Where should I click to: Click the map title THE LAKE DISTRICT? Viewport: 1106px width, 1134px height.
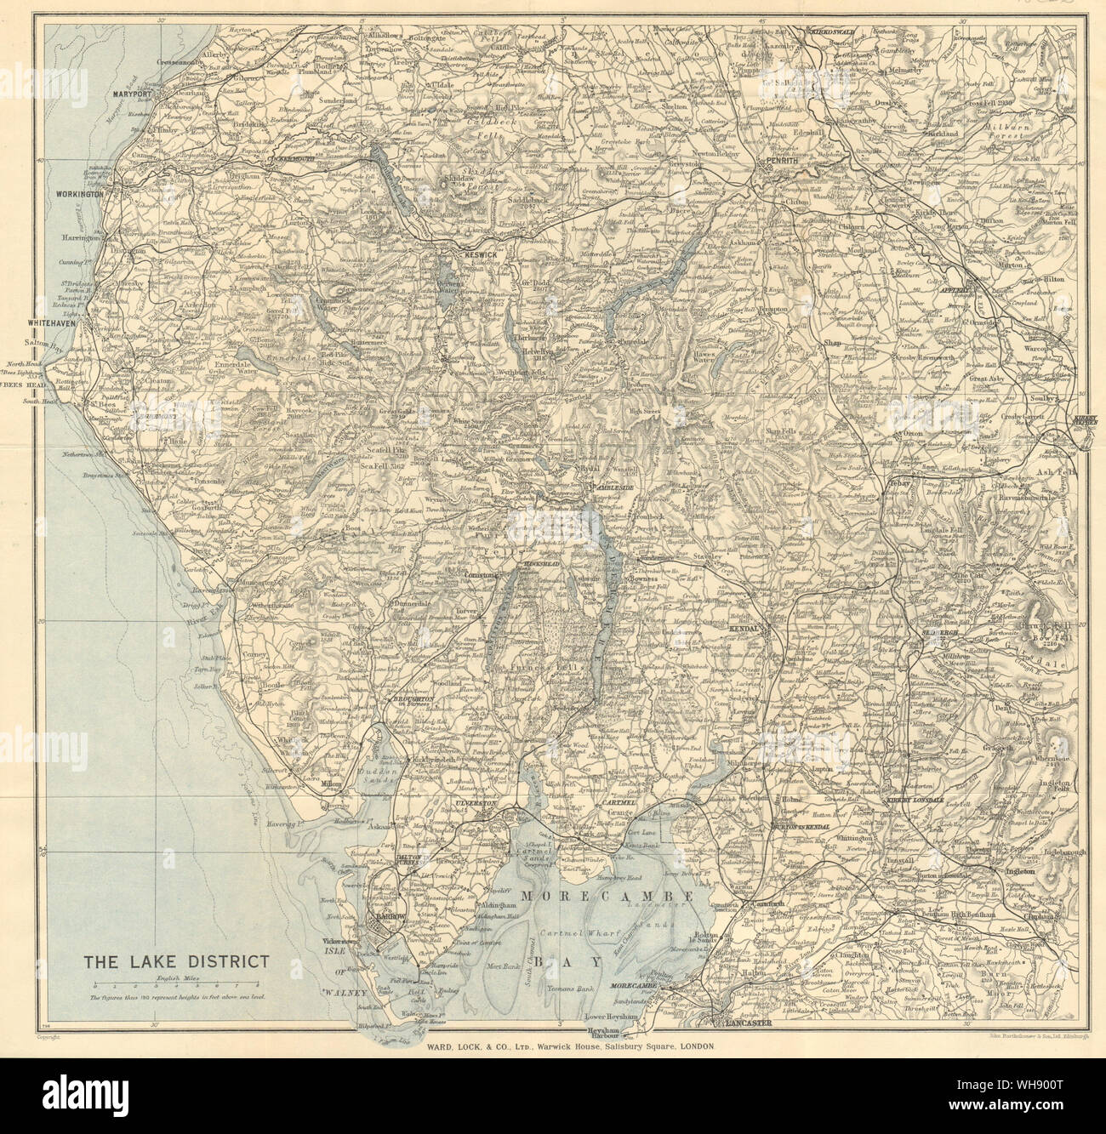point(175,962)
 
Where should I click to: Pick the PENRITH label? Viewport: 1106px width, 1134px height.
point(782,160)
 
